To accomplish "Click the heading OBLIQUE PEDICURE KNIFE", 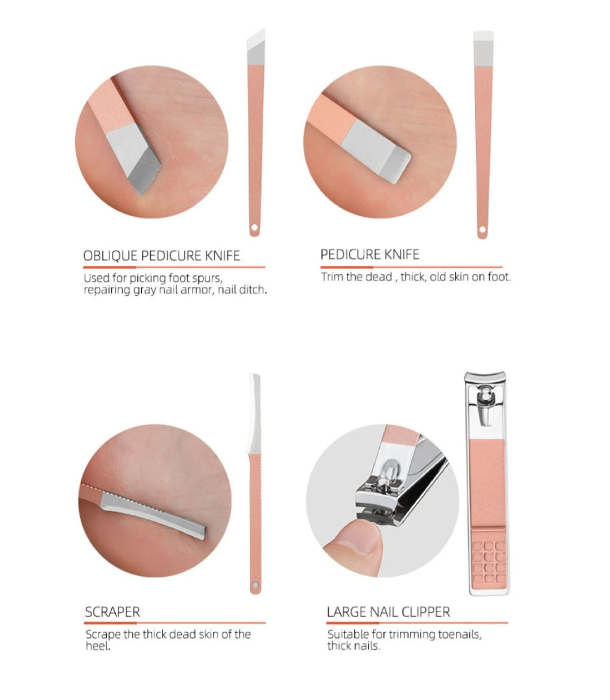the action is pos(162,256).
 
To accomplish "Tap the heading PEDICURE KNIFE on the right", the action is pos(370,255).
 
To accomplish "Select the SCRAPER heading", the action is pos(112,612).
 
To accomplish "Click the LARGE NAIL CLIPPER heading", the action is pos(388,612).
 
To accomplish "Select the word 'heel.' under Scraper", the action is pos(98,646).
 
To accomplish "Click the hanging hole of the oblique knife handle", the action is pos(254,227).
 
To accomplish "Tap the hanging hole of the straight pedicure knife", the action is pos(482,230).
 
